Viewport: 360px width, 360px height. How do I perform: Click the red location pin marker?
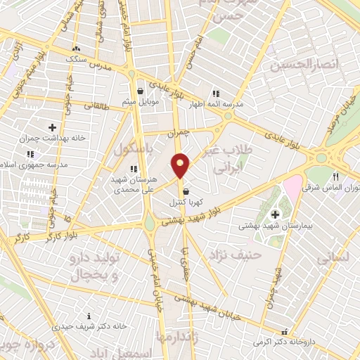pyautogui.click(x=181, y=166)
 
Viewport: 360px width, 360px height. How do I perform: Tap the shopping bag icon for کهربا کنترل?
pyautogui.click(x=186, y=191)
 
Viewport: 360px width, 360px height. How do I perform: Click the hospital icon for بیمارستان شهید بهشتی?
pyautogui.click(x=274, y=214)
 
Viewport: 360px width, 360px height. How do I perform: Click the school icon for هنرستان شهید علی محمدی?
pyautogui.click(x=134, y=168)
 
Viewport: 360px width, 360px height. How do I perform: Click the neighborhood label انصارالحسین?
pyautogui.click(x=304, y=65)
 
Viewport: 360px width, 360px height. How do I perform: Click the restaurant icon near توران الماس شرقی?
pyautogui.click(x=336, y=176)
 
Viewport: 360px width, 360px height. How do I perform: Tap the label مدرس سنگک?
pyautogui.click(x=79, y=59)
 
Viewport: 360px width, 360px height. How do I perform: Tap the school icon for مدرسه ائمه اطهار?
pyautogui.click(x=216, y=92)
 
